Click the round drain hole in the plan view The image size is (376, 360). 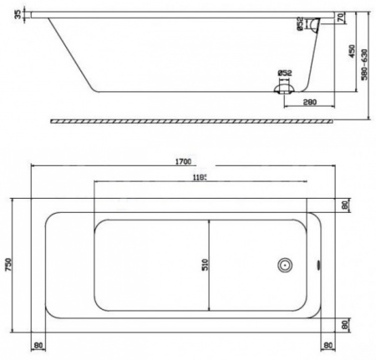(x=284, y=266)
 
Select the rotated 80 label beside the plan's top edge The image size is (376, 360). (x=343, y=205)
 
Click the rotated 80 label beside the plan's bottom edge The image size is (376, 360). (x=343, y=327)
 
